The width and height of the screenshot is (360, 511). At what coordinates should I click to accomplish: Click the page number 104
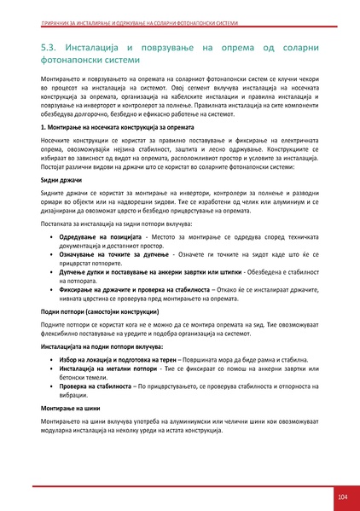[342, 496]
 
